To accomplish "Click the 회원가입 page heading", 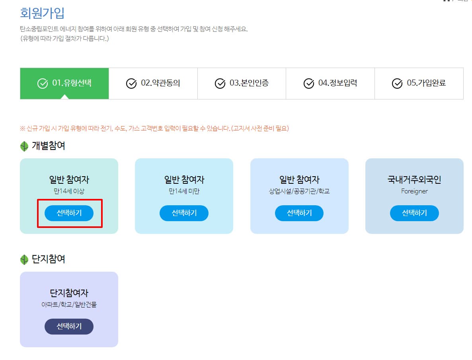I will (x=42, y=13).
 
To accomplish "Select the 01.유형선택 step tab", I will (x=64, y=83).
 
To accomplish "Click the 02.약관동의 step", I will (x=153, y=83).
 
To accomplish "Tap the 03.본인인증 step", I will (x=242, y=83).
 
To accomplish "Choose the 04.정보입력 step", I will (x=330, y=83).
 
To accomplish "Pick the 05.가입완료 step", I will (x=419, y=83).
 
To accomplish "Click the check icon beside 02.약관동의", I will (x=131, y=84).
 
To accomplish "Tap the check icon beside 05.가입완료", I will (x=397, y=84).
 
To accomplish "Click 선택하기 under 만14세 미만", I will (x=184, y=213).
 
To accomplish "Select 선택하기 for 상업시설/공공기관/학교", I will (x=299, y=213).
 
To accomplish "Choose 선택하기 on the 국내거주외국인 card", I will (x=414, y=213).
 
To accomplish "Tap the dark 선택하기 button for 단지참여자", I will (x=69, y=326).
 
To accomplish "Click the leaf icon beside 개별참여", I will (x=24, y=146).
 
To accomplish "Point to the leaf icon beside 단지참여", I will (x=24, y=260).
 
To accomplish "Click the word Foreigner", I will (x=414, y=191).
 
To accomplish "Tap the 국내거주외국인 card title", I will (x=414, y=180).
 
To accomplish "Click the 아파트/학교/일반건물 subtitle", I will (x=69, y=305).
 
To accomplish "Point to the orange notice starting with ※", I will (x=154, y=128).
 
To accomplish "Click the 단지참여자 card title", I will (x=69, y=294).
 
